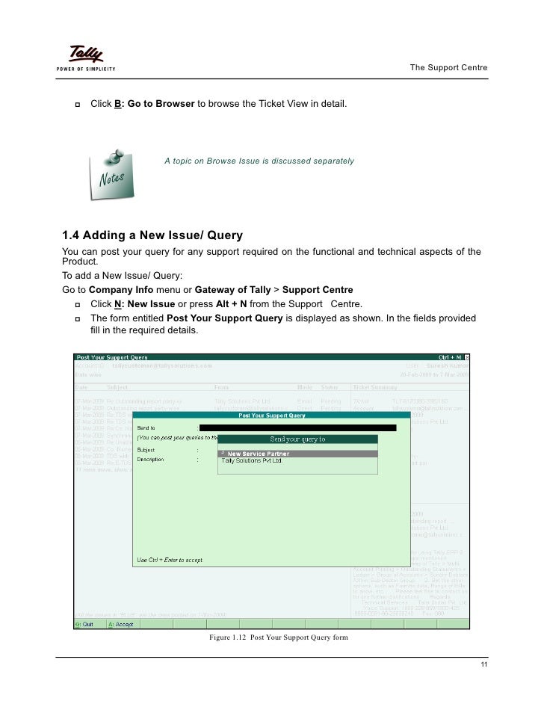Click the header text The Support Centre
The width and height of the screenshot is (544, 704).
coord(448,68)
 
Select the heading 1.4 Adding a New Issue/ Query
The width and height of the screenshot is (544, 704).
coord(152,235)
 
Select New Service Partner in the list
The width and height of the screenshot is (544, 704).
coord(258,454)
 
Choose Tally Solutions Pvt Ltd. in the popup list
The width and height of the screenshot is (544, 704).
coord(252,461)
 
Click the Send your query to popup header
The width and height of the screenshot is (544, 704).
coord(297,439)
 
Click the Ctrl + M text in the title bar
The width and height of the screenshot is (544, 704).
coord(450,357)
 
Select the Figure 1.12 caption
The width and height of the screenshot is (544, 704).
coord(279,637)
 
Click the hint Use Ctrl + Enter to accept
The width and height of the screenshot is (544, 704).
coord(170,560)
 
